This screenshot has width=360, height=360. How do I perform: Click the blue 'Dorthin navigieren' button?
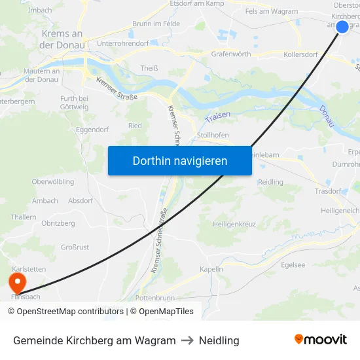(180, 160)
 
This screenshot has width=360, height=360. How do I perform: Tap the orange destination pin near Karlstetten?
(16, 283)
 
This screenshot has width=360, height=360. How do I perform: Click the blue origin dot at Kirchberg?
(342, 27)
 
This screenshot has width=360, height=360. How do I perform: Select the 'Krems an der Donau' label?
(62, 39)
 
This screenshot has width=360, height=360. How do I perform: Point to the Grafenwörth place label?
(231, 54)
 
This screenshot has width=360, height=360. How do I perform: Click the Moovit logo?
(321, 340)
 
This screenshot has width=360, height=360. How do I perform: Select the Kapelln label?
(211, 268)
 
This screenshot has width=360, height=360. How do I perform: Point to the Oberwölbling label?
(53, 182)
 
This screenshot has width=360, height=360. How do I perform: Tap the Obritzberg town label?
(58, 223)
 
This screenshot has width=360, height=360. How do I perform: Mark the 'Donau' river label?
(327, 116)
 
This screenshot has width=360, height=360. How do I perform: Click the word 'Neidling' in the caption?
(219, 340)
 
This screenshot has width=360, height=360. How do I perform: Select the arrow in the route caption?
(187, 340)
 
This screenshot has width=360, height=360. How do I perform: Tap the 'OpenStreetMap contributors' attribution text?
(65, 312)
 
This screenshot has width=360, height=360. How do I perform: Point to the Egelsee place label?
(293, 265)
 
